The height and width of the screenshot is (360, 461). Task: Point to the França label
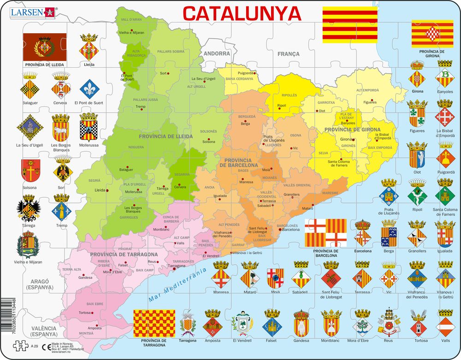[x=288, y=54]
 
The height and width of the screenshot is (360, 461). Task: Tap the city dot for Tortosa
[x=93, y=313]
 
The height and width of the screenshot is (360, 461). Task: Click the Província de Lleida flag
[x=45, y=47]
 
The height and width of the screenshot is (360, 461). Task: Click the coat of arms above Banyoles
[x=444, y=77]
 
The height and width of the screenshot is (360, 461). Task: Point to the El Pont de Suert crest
[x=89, y=89]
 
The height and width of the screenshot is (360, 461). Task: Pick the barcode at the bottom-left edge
[x=4, y=318]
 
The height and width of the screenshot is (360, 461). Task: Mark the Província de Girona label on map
[x=352, y=130]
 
